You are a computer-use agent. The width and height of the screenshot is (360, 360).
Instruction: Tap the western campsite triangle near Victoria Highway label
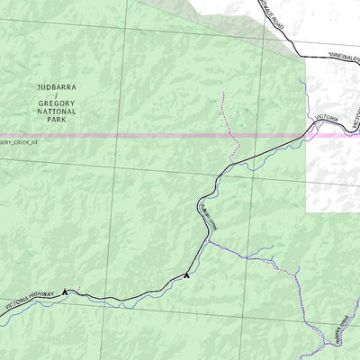tap(65, 291)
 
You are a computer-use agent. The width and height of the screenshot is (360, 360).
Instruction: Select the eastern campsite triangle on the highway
tap(186, 274)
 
